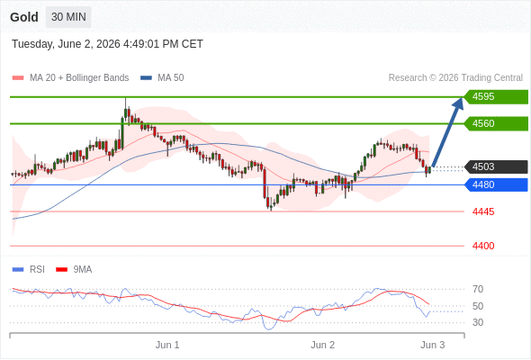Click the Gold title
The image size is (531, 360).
pos(24,17)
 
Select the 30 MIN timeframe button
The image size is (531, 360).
pos(68,17)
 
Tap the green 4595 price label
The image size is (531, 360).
pos(496,97)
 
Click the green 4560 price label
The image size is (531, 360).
pos(496,123)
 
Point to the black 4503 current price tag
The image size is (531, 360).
pos(496,167)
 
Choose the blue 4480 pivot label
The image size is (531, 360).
pos(496,184)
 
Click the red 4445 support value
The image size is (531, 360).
pos(483,212)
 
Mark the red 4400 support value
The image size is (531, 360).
pos(483,246)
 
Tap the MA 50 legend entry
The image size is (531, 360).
pos(162,78)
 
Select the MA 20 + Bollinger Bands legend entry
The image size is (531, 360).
pos(70,78)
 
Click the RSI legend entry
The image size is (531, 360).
pos(29,270)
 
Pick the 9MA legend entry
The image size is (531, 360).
pos(74,270)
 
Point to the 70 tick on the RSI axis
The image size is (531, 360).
pos(478,289)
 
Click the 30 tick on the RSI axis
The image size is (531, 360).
pos(478,322)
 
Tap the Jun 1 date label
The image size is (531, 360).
pos(167,345)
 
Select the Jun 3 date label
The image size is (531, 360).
pos(433,345)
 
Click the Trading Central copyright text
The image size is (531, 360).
pos(455,78)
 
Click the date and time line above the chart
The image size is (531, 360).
pos(107,44)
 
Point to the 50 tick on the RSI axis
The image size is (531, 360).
pos(478,306)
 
